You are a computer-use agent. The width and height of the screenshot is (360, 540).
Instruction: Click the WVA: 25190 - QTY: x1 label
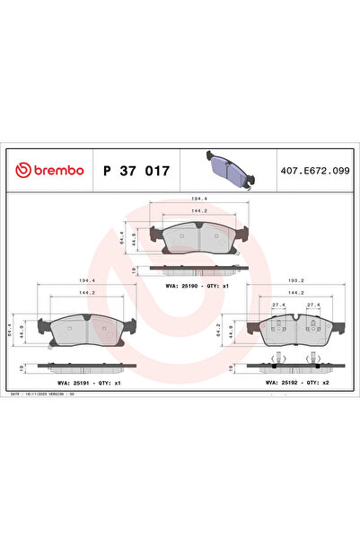click(197, 285)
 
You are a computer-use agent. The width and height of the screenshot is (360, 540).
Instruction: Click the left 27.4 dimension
click(277, 305)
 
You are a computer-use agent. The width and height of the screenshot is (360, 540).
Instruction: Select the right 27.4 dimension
click(315, 305)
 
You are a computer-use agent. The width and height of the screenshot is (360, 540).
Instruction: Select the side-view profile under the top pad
click(196, 268)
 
